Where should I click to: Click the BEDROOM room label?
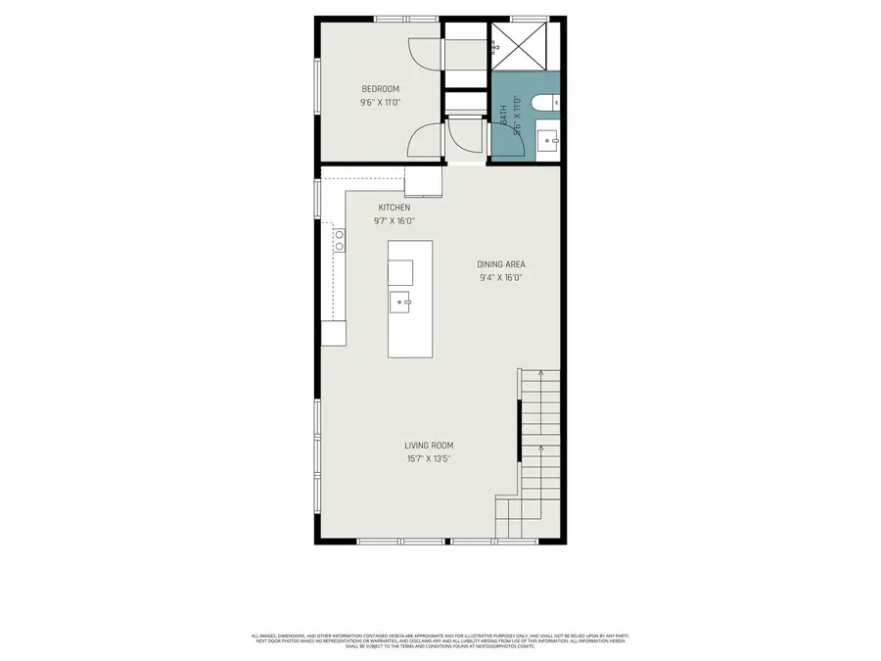[380, 89]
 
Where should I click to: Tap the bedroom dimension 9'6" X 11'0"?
[380, 102]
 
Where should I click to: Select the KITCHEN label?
[394, 208]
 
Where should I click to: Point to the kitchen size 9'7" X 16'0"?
[394, 221]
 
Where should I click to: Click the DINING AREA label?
[502, 264]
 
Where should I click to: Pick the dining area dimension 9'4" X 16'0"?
[502, 277]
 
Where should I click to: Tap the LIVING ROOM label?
[429, 446]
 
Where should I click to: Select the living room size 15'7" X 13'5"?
[429, 458]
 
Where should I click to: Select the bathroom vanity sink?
[548, 141]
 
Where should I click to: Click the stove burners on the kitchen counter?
[340, 240]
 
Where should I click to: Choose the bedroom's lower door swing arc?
[425, 142]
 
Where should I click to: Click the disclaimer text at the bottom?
[440, 640]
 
